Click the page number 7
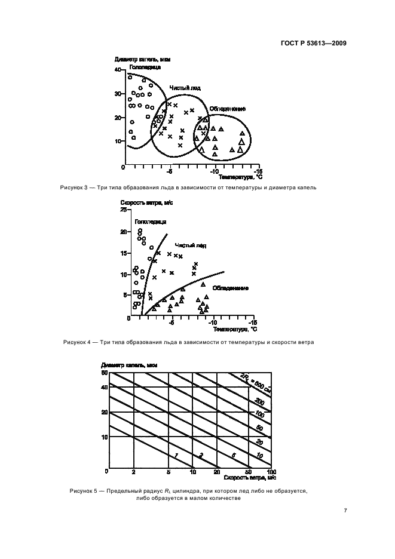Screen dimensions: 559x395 pyautogui.click(x=345, y=511)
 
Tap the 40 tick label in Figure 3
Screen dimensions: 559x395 pyautogui.click(x=118, y=70)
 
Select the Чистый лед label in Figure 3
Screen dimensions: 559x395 pyautogui.click(x=185, y=88)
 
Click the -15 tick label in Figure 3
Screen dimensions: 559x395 pyautogui.click(x=256, y=170)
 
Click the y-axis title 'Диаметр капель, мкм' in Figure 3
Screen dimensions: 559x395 pyautogui.click(x=136, y=59)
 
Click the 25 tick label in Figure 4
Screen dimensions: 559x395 pyautogui.click(x=124, y=210)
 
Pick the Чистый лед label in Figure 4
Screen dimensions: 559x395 pyautogui.click(x=191, y=245)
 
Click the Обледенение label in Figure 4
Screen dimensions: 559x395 pyautogui.click(x=231, y=288)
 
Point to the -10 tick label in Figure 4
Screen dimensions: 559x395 pyautogui.click(x=213, y=323)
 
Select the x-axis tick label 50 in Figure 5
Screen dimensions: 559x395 pyautogui.click(x=249, y=472)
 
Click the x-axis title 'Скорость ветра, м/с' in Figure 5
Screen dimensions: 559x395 pyautogui.click(x=250, y=478)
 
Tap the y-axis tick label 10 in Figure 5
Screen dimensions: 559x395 pyautogui.click(x=105, y=437)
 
